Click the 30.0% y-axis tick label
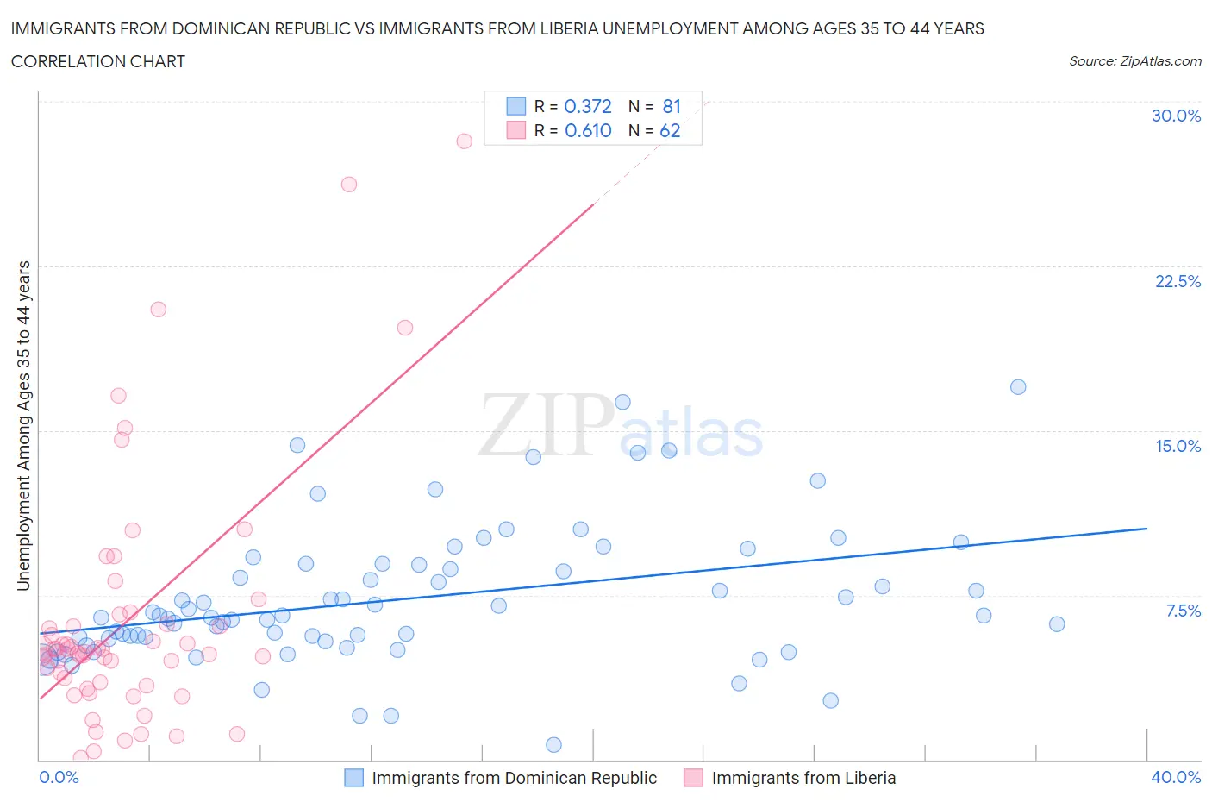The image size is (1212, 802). click(x=1176, y=116)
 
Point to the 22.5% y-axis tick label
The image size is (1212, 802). click(x=1178, y=281)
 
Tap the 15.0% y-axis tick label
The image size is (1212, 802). click(x=1178, y=446)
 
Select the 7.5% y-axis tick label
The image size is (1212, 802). click(x=1183, y=611)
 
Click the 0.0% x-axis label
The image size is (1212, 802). click(x=59, y=777)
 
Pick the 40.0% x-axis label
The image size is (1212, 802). click(x=1176, y=777)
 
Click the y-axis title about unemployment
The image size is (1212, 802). click(x=23, y=426)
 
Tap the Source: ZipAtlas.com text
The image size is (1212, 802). click(x=1134, y=61)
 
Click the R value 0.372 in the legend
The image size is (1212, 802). click(x=587, y=106)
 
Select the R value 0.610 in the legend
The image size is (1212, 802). click(x=587, y=130)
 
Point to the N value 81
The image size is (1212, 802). click(x=672, y=106)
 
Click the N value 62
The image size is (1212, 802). click(x=670, y=130)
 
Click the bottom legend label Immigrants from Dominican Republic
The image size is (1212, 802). click(x=514, y=778)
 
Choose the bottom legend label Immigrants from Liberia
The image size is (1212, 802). click(x=803, y=778)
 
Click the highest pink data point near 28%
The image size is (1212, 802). click(x=464, y=141)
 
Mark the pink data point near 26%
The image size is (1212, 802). click(x=349, y=184)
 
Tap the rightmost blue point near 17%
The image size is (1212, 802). click(x=1018, y=386)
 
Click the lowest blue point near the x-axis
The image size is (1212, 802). click(x=554, y=745)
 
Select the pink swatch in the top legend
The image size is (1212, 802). click(x=515, y=130)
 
